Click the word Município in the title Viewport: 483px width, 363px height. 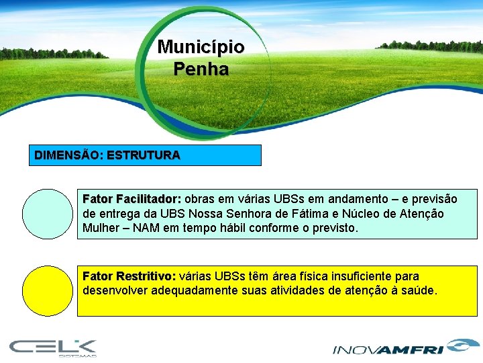click(x=201, y=47)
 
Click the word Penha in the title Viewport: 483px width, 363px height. click(x=201, y=69)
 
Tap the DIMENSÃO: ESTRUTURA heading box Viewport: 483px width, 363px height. click(x=148, y=155)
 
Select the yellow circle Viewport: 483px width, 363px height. click(x=47, y=291)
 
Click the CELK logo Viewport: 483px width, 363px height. click(x=53, y=347)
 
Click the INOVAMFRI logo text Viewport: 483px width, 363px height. click(x=388, y=349)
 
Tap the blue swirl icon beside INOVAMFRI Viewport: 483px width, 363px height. click(x=460, y=346)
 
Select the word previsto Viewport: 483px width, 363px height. click(x=332, y=228)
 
